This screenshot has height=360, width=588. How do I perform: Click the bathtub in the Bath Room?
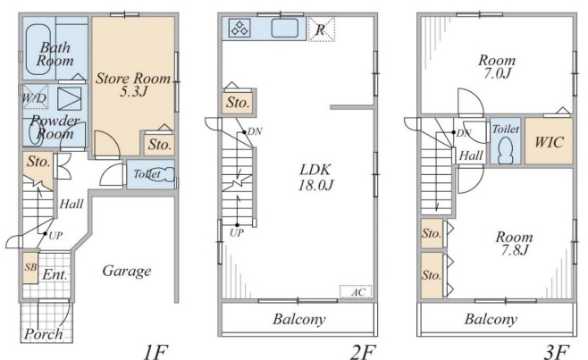[38, 49]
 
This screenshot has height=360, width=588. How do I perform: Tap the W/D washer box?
[36, 96]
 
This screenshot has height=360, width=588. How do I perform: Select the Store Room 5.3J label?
[133, 84]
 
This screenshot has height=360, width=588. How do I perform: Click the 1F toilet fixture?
[162, 175]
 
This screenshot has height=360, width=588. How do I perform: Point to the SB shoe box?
[30, 267]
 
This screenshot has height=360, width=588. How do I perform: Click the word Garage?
[127, 271]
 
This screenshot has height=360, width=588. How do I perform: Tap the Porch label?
[44, 334]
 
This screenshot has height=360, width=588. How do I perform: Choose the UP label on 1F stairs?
[55, 236]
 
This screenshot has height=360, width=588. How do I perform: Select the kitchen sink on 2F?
[285, 28]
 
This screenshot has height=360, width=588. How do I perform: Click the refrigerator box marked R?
[321, 29]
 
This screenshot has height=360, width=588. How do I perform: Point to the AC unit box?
[356, 292]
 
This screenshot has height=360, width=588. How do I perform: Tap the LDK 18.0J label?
[315, 178]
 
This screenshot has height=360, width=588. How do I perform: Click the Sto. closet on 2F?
[238, 103]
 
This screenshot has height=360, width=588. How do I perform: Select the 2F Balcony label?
[298, 319]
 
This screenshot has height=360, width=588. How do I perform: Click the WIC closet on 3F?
[549, 141]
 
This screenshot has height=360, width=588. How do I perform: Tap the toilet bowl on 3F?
[506, 150]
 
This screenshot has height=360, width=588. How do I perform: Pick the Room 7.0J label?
[497, 67]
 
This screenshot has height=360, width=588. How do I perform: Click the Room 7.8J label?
[514, 243]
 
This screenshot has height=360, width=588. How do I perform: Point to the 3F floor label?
[557, 352]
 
